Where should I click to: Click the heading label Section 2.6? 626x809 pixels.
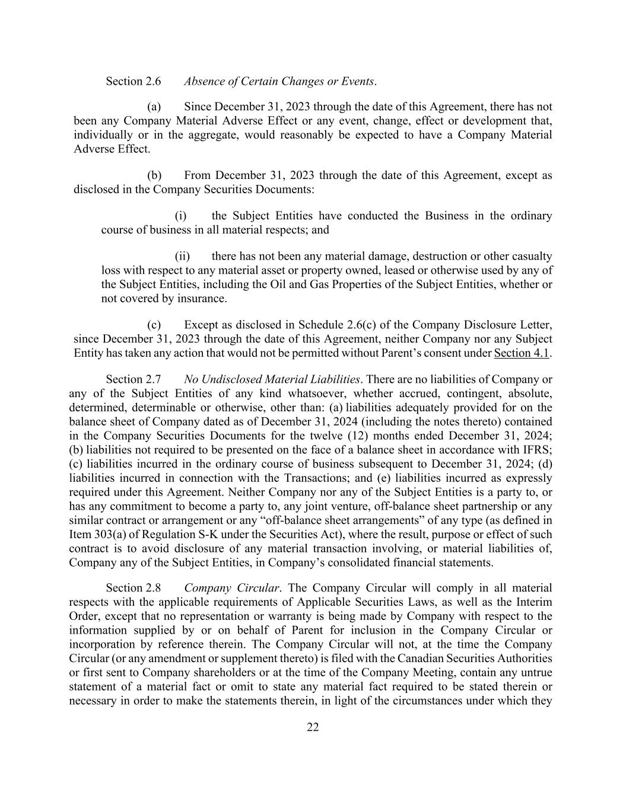pos(133,81)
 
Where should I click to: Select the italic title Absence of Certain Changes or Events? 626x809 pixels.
pos(279,81)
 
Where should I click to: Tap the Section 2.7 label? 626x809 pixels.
pos(133,379)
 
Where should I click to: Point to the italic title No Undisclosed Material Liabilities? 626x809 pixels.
pos(272,379)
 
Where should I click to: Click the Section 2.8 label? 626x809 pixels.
pos(133,588)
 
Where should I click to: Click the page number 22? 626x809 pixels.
pos(313,728)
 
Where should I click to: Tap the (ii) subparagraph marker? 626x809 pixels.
pos(182,256)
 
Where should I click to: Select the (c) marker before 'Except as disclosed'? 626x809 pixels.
pos(154,325)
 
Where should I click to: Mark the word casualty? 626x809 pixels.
pos(530,256)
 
